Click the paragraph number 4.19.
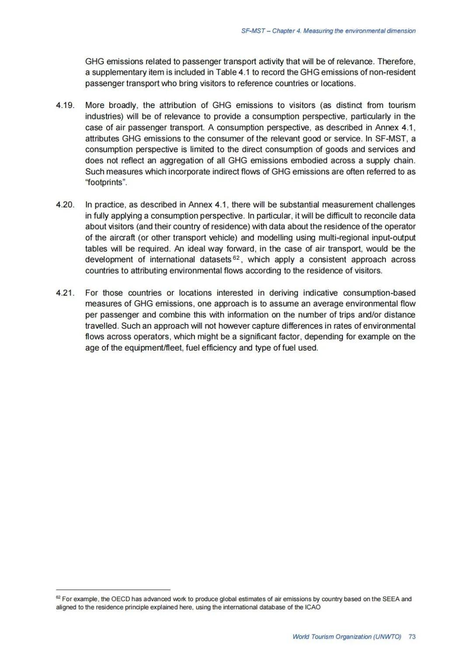(x=65, y=105)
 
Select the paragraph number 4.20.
(x=65, y=205)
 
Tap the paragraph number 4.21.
(x=65, y=293)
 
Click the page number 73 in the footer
(x=412, y=637)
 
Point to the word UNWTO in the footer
(x=387, y=637)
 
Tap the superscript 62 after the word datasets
(x=236, y=258)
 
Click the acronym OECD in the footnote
(x=120, y=599)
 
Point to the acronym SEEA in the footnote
(x=391, y=599)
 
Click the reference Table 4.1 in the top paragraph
(x=233, y=72)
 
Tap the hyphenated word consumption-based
(x=379, y=293)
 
